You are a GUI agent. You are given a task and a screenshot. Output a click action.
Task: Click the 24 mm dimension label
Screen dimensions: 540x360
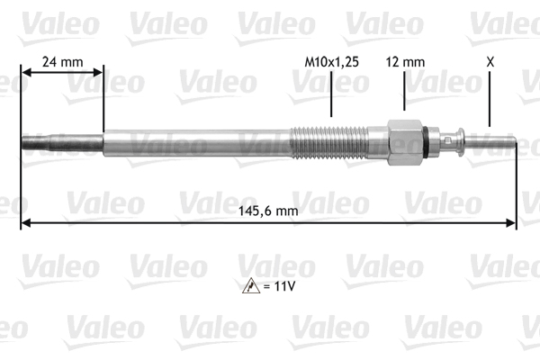tap(63, 62)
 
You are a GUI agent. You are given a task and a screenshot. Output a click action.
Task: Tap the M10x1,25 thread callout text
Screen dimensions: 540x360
tap(331, 62)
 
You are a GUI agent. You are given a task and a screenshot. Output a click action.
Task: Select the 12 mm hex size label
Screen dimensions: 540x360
tap(405, 62)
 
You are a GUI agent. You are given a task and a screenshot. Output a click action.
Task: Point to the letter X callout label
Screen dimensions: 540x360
tap(490, 62)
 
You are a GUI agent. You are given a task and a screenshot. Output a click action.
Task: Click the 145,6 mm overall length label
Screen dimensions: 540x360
tap(268, 211)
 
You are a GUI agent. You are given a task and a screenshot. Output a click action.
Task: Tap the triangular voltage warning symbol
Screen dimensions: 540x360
tap(251, 286)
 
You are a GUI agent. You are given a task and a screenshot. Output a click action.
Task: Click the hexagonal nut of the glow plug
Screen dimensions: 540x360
tap(405, 142)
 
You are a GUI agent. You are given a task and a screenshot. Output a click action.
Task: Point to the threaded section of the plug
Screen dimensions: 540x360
tap(328, 142)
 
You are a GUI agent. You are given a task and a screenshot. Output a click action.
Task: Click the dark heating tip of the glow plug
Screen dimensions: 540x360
tap(62, 142)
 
